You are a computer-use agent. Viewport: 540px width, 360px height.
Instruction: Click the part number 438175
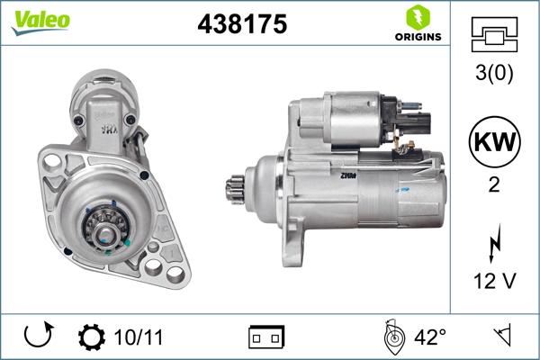[241, 25]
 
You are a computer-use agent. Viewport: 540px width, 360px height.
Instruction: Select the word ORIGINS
[416, 37]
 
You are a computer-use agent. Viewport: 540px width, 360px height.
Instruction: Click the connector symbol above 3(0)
[494, 36]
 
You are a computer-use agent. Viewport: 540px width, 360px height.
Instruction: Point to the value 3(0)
[494, 76]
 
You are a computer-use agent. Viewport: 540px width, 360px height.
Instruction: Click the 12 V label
[494, 282]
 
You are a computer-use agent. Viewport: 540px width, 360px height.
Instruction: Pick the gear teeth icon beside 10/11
[91, 338]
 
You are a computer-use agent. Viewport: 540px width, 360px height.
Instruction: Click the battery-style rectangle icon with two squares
[266, 338]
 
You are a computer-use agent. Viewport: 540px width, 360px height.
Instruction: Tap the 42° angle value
[430, 338]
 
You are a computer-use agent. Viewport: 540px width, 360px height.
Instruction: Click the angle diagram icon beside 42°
[392, 337]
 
